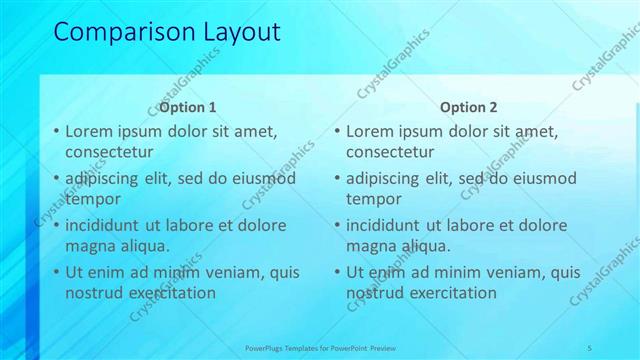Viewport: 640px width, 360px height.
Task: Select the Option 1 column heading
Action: [188, 107]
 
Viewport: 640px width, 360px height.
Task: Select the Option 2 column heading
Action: [468, 107]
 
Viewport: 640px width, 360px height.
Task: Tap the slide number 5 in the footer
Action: [590, 347]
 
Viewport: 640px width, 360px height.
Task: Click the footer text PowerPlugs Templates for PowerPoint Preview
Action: [321, 347]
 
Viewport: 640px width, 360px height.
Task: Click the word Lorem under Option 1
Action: [89, 131]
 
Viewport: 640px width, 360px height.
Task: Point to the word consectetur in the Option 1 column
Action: [109, 152]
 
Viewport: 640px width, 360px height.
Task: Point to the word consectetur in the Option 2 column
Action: [390, 152]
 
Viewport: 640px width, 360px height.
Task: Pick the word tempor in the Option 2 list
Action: [374, 199]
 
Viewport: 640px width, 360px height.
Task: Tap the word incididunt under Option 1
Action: [105, 226]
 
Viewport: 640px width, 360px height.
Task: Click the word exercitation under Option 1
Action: [166, 293]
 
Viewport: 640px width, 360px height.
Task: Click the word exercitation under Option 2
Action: [447, 293]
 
